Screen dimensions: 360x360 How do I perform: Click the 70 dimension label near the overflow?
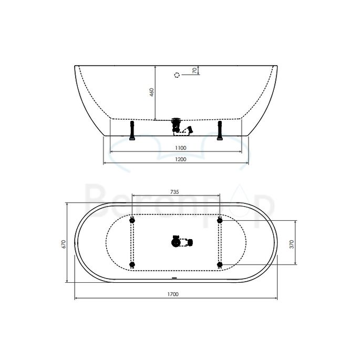coord(194,70)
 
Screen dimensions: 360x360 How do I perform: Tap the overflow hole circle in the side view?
coord(177,74)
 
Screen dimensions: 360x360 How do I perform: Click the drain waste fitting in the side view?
coord(176,126)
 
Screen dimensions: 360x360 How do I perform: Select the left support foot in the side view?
coord(132,131)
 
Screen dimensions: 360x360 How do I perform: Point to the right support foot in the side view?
coord(220,131)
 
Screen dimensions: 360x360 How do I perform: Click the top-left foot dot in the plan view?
coord(132,220)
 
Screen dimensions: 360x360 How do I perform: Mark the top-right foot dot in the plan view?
coord(220,220)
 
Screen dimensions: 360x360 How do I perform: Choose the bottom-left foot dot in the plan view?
coord(132,264)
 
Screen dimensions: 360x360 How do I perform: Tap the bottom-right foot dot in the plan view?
coord(220,264)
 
